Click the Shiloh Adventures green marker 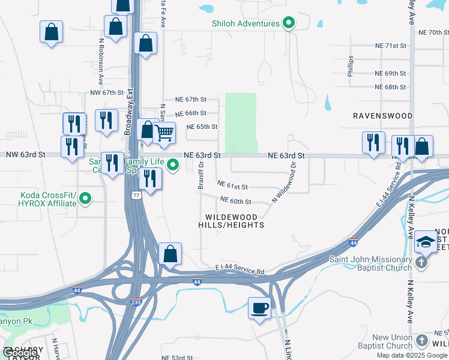pyautogui.click(x=289, y=23)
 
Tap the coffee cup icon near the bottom pyautogui.click(x=259, y=308)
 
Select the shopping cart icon pyautogui.click(x=164, y=133)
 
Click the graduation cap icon pyautogui.click(x=425, y=241)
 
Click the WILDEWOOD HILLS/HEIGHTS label pyautogui.click(x=231, y=221)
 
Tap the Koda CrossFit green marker pyautogui.click(x=85, y=197)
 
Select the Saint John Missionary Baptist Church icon pyautogui.click(x=422, y=262)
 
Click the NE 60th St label pyautogui.click(x=235, y=201)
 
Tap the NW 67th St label pyautogui.click(x=106, y=93)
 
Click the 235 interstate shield pyautogui.click(x=136, y=302)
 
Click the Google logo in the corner pyautogui.click(x=20, y=353)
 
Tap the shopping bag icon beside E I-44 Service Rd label pyautogui.click(x=170, y=253)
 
